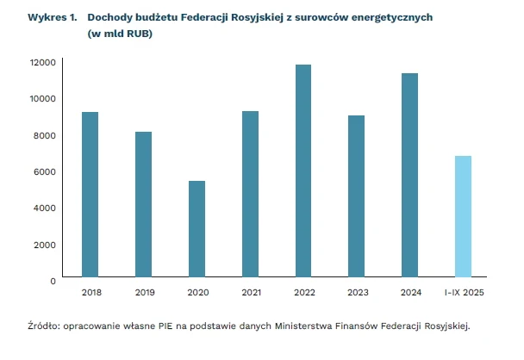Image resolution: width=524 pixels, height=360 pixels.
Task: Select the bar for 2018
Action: coord(90,196)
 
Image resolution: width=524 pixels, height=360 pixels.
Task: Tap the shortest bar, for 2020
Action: coord(196,230)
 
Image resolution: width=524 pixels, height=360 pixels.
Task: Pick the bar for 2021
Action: coord(250,195)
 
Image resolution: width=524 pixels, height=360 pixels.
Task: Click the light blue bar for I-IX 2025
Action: coord(463,217)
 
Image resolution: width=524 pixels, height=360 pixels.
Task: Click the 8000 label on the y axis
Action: coord(45,135)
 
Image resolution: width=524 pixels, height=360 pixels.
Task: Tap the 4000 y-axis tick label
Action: coord(45,208)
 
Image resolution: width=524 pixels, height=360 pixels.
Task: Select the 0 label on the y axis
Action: coord(53,281)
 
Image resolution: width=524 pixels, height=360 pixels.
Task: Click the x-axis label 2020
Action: coord(196,294)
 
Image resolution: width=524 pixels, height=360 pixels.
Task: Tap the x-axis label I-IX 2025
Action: coord(463,294)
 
